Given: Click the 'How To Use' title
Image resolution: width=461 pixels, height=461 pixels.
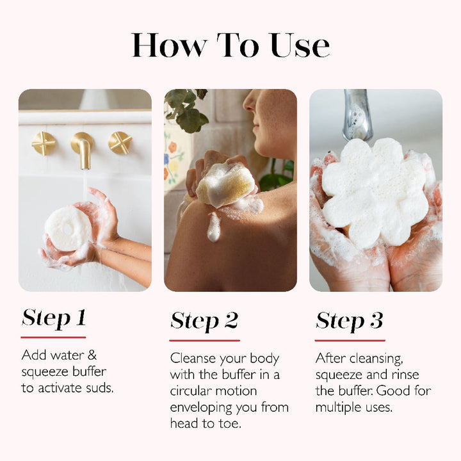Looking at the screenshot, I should [230, 45].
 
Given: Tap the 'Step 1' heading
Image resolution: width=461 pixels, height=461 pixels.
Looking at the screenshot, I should [54, 318].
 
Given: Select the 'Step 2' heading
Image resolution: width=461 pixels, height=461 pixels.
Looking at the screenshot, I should [204, 321].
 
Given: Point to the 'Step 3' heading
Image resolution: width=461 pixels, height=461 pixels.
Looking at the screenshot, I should [350, 321].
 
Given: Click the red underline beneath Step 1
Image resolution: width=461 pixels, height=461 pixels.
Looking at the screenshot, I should [53, 337].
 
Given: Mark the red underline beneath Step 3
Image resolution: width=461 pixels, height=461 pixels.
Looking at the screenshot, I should [350, 340].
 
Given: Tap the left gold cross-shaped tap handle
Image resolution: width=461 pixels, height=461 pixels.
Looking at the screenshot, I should [44, 143].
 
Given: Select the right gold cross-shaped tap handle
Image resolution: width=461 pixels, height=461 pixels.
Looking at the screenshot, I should [120, 142].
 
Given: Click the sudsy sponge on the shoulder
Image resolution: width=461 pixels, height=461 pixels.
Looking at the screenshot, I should [225, 185].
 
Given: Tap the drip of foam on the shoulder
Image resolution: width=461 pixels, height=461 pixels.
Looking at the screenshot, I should [214, 227].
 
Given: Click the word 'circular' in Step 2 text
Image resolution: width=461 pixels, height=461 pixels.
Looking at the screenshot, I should [195, 391].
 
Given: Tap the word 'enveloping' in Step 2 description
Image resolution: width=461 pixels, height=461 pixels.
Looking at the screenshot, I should [201, 407].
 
